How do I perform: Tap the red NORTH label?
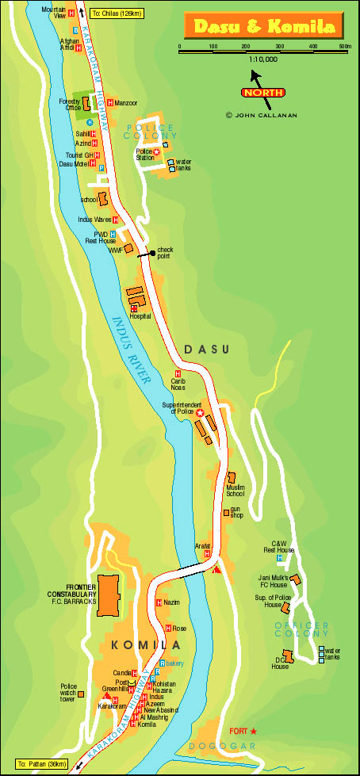[x=263, y=92]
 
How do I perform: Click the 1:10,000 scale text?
[x=262, y=59]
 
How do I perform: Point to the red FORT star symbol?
[x=255, y=730]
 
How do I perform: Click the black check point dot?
[x=152, y=253]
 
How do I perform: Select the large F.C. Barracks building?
[x=109, y=595]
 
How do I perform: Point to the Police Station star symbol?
[x=157, y=151]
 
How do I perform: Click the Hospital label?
[x=140, y=315]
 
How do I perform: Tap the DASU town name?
[x=205, y=349]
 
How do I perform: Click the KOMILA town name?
[x=140, y=645]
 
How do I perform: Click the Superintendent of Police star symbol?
[x=200, y=413]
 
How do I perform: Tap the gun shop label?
[x=236, y=512]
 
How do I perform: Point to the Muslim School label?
[x=236, y=490]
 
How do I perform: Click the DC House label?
[x=279, y=663]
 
